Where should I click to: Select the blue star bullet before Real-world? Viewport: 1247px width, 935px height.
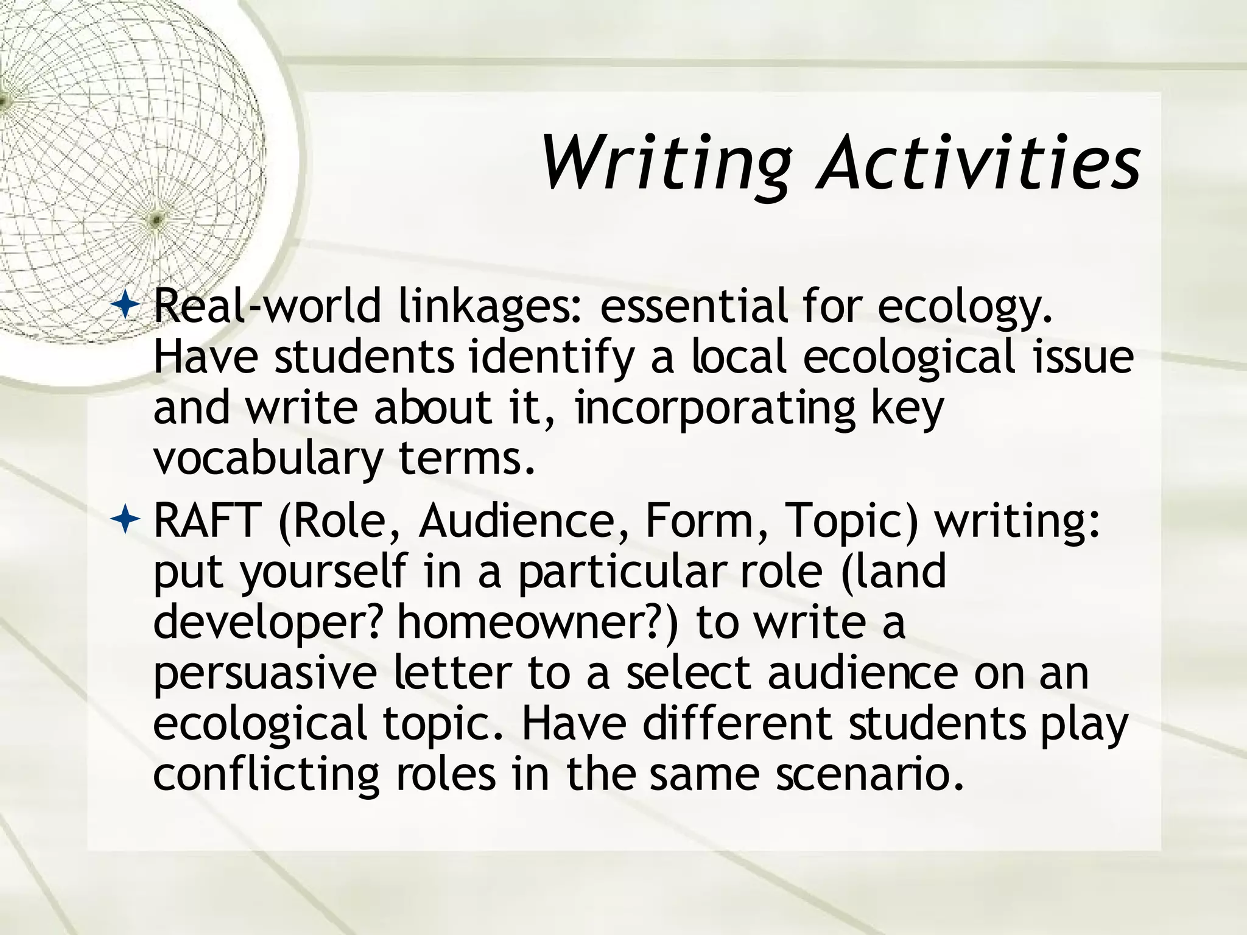click(126, 304)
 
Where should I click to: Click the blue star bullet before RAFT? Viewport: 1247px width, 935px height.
click(126, 520)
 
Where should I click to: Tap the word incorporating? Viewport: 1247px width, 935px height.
click(715, 408)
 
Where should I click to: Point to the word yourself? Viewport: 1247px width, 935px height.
click(323, 572)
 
